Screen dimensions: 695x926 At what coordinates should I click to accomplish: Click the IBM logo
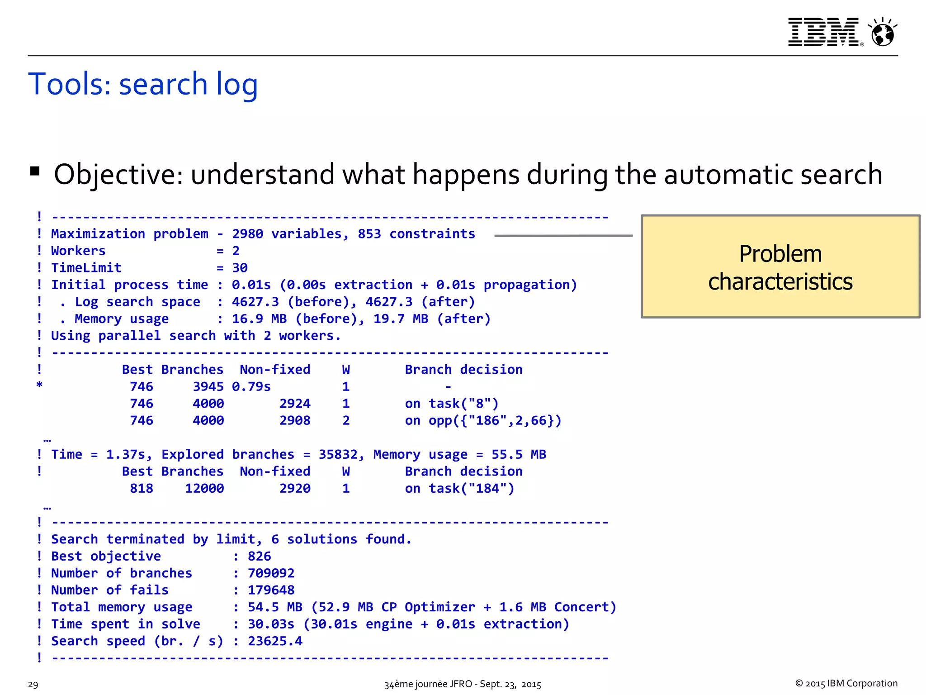(823, 32)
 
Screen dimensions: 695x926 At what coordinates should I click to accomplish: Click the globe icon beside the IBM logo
(882, 33)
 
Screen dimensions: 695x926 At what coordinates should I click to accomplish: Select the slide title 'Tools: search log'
(143, 84)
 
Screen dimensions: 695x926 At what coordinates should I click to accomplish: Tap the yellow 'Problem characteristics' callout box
(780, 267)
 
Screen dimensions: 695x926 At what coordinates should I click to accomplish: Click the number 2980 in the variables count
(247, 234)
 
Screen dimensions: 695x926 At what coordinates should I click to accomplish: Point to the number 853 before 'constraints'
(369, 234)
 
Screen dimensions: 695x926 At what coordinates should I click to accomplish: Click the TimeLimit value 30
(240, 268)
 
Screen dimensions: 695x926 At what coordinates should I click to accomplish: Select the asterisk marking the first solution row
(39, 386)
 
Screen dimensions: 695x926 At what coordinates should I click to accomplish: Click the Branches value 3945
(208, 387)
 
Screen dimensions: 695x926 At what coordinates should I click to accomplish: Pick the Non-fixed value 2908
(295, 421)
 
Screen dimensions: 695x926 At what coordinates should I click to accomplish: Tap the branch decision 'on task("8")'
(451, 404)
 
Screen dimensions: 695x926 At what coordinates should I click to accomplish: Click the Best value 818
(142, 489)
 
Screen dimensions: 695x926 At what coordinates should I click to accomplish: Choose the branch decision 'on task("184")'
(459, 489)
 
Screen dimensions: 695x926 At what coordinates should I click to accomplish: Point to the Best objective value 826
(259, 557)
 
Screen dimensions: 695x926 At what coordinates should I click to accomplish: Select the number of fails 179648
(271, 590)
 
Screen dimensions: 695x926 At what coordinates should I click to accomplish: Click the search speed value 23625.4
(275, 641)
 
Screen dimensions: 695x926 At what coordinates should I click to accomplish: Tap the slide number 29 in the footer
(33, 684)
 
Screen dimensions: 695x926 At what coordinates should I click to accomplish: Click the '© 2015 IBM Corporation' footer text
(846, 683)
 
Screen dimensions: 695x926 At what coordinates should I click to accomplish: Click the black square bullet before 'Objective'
(35, 171)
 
